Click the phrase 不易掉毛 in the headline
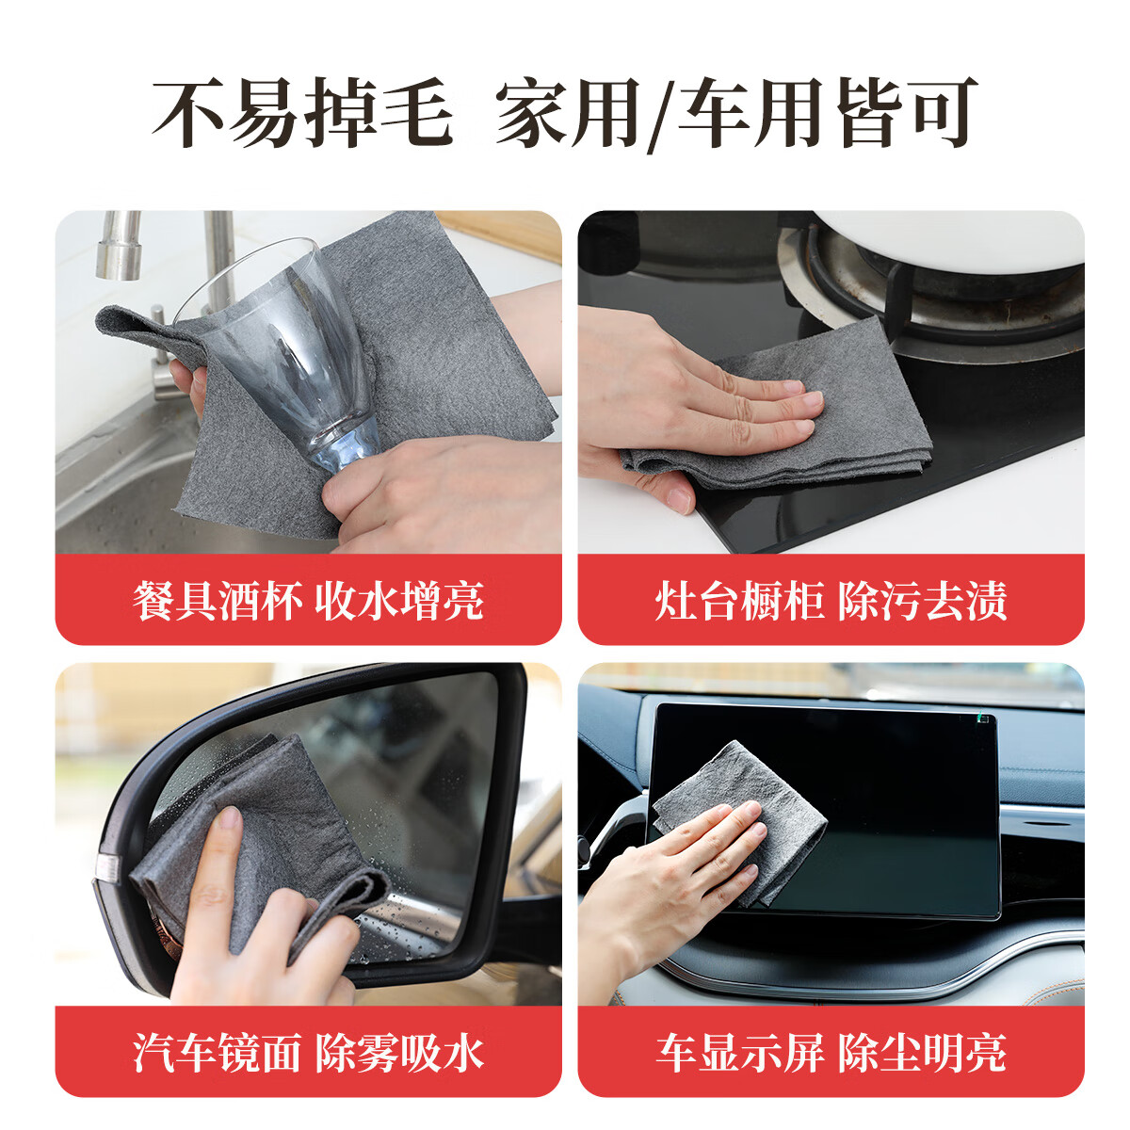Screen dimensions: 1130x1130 (303, 114)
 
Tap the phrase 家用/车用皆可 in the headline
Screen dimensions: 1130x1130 (736, 114)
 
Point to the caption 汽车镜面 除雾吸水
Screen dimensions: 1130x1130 (308, 1053)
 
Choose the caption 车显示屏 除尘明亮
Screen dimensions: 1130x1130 (831, 1053)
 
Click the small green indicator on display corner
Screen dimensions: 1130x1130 (983, 720)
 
